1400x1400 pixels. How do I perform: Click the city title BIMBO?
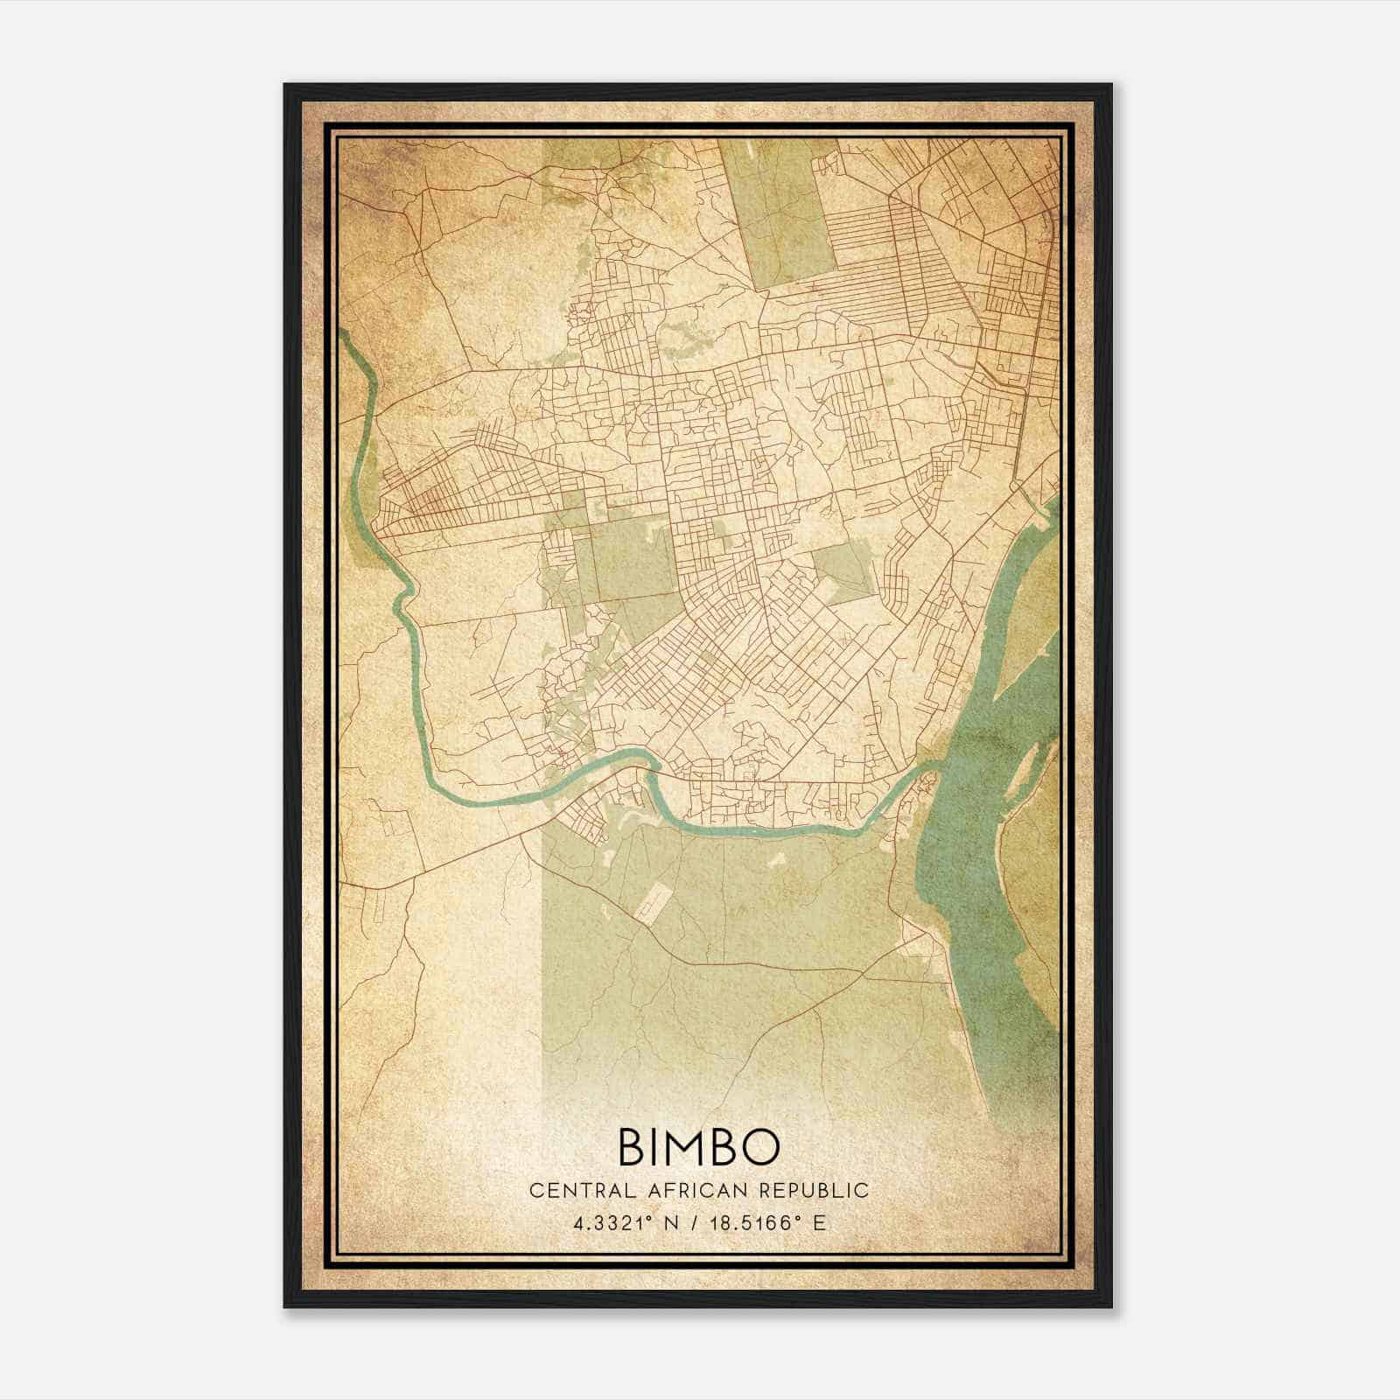[699, 1146]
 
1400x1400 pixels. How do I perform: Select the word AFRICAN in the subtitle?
[694, 1190]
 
